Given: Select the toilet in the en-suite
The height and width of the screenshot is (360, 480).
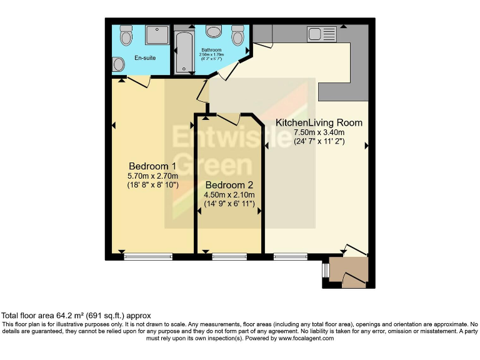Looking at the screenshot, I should tap(126, 36).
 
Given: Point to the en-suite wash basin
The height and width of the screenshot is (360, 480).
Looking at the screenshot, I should tap(119, 64).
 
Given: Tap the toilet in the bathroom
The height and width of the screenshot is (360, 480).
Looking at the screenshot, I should tap(237, 36).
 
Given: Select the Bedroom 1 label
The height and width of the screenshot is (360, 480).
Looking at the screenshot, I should tap(152, 166).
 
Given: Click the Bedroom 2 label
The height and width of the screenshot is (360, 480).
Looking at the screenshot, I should tap(229, 185).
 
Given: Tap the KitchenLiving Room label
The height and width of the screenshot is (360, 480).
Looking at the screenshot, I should tap(319, 122).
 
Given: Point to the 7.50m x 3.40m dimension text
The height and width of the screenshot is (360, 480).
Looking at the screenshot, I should tap(319, 132).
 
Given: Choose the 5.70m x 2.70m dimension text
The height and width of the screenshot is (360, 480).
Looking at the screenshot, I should tap(152, 176).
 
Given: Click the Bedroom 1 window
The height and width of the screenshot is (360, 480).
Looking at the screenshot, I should tap(148, 256).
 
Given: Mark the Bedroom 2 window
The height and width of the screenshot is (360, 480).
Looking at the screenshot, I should tap(229, 256).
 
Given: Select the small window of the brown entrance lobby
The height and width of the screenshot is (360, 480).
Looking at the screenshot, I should tap(326, 269).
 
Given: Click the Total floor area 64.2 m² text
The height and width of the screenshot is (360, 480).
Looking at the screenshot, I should tap(76, 316).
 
